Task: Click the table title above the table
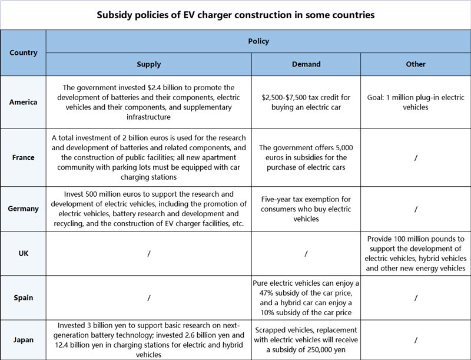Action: point(235,15)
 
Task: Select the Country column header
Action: point(23,52)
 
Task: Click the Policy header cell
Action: point(258,41)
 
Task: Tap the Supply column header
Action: point(148,64)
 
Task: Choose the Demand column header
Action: point(306,64)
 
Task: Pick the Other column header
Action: point(416,64)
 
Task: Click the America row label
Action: point(23,102)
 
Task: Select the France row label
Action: point(23,157)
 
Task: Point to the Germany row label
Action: point(23,209)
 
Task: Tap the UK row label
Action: point(23,253)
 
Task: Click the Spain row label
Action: point(23,298)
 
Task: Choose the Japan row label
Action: point(23,339)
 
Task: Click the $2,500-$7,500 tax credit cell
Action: point(306,102)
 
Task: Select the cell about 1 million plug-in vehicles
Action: point(416,102)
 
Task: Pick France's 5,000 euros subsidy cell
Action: point(306,157)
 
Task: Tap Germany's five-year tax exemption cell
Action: point(306,209)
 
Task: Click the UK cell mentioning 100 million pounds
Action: point(416,253)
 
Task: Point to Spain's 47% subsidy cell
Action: point(306,298)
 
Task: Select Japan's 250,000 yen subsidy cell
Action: point(306,339)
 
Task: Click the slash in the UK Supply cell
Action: point(148,253)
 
